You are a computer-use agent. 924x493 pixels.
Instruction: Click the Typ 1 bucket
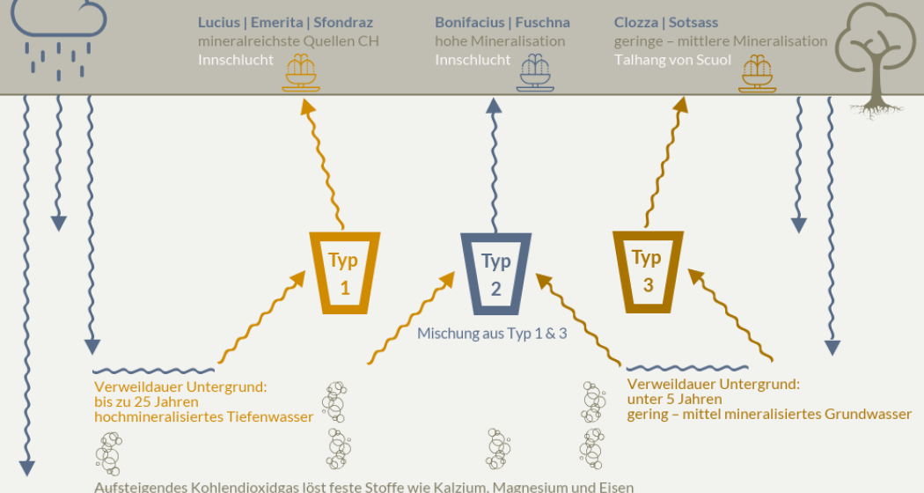(x=344, y=272)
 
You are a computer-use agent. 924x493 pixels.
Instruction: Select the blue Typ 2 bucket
(x=496, y=273)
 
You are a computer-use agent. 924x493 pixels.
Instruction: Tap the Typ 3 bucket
(x=648, y=271)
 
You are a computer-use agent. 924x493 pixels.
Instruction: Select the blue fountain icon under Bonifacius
(x=534, y=72)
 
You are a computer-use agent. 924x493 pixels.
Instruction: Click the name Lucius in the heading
(x=218, y=23)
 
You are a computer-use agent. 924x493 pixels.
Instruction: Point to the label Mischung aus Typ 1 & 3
(x=492, y=334)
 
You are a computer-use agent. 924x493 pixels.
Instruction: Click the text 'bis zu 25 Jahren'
(x=146, y=402)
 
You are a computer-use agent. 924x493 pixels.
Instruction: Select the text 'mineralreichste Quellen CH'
(x=288, y=41)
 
